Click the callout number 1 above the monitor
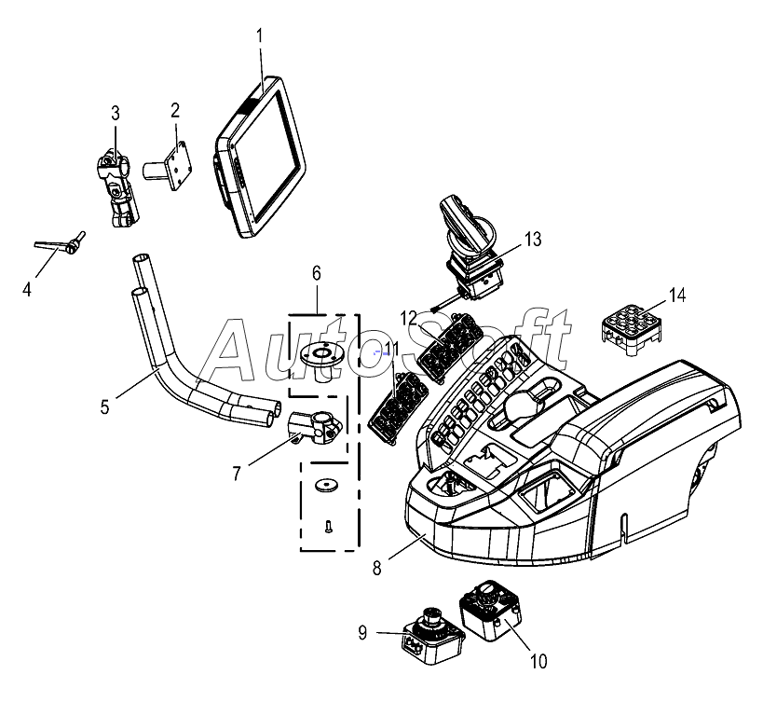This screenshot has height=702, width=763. point(259,36)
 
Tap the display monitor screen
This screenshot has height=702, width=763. point(261,157)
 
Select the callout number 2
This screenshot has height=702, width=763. point(175,111)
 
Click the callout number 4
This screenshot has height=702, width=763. point(27,289)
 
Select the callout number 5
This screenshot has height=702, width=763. point(105,406)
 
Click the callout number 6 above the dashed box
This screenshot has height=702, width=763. point(317,273)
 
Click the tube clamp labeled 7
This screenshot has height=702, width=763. point(315,428)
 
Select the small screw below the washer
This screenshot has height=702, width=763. point(328,526)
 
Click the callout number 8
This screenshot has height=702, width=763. point(377,568)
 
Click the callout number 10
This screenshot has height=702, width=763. point(538,661)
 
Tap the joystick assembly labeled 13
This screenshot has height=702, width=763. point(470,247)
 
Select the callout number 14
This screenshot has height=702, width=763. point(677,295)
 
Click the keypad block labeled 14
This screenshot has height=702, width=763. point(631,330)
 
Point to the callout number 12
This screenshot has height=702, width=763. point(409,318)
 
